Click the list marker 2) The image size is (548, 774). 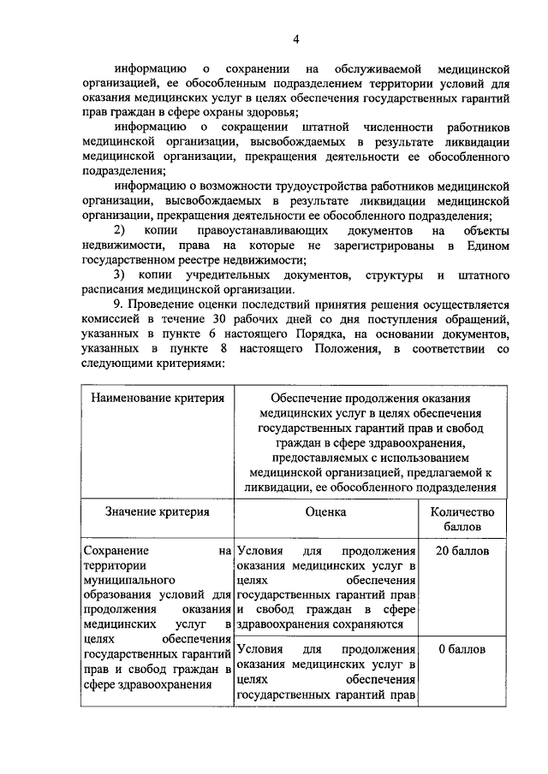click(120, 231)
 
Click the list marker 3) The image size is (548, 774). click(120, 275)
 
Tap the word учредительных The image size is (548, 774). click(220, 275)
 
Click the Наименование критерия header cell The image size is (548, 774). click(158, 398)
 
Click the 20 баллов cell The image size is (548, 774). click(462, 551)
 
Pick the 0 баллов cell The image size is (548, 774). click(462, 649)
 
